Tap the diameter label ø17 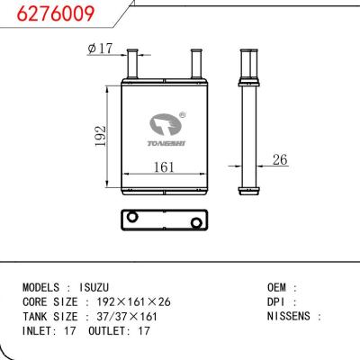pyautogui.click(x=101, y=49)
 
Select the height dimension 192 pyautogui.click(x=102, y=136)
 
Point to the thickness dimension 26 pyautogui.click(x=279, y=160)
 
